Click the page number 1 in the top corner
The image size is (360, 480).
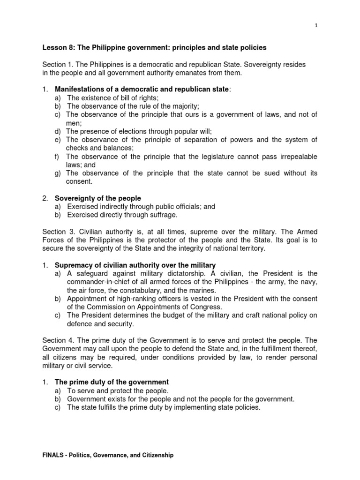(x=316, y=26)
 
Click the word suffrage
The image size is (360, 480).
(x=162, y=215)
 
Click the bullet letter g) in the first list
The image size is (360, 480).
(x=58, y=173)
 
